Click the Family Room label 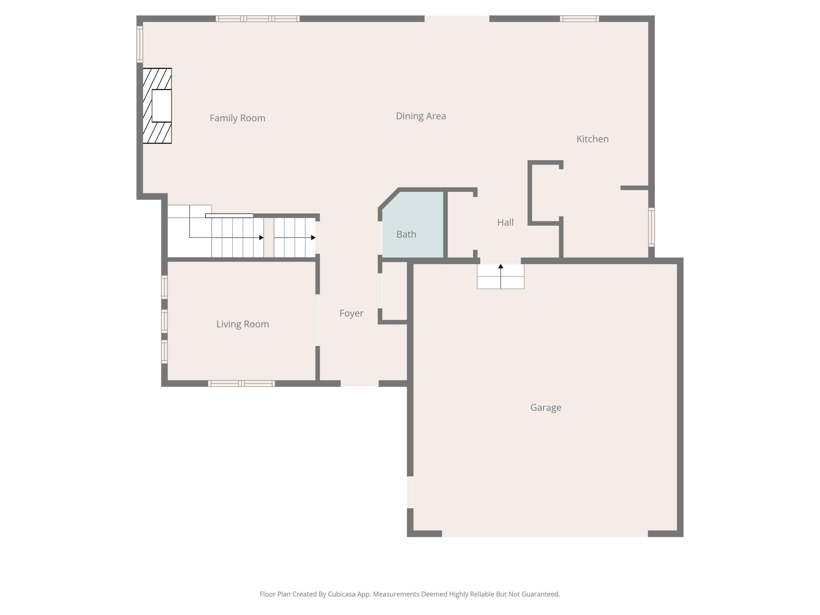237,118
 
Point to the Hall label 505,222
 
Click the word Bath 406,234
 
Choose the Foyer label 352,314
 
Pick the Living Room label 242,324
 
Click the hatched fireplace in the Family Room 157,106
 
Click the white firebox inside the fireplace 162,106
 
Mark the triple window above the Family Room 258,19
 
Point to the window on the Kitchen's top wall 579,19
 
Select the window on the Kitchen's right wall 651,227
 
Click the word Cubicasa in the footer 341,594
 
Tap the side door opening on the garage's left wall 410,492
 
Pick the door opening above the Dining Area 457,19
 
